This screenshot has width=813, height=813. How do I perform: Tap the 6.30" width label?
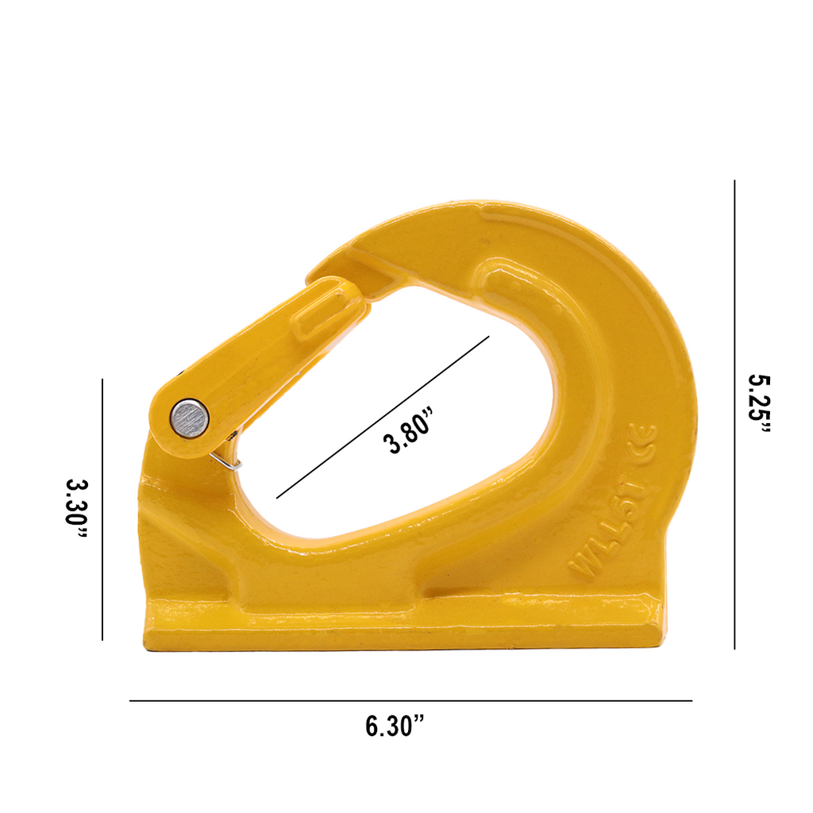[395, 726]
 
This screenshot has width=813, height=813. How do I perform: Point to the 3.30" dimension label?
[76, 511]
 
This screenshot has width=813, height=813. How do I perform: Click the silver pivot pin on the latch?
[189, 417]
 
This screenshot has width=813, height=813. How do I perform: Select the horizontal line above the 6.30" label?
[410, 701]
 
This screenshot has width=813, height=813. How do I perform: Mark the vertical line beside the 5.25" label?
[734, 414]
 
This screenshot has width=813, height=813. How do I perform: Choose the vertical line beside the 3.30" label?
[102, 509]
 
